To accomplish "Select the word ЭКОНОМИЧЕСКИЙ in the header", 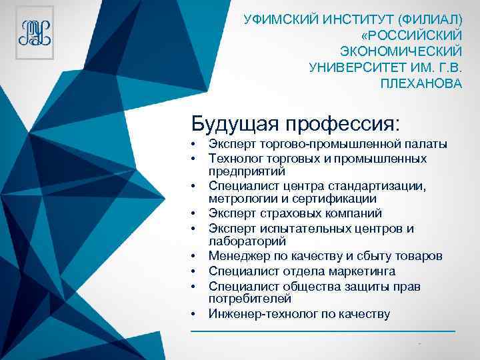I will point(401,51).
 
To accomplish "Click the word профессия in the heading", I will point(343,123).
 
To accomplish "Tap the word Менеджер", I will point(237,257).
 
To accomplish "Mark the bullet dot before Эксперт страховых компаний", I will point(192,214).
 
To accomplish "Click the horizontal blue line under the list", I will point(323,331).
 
